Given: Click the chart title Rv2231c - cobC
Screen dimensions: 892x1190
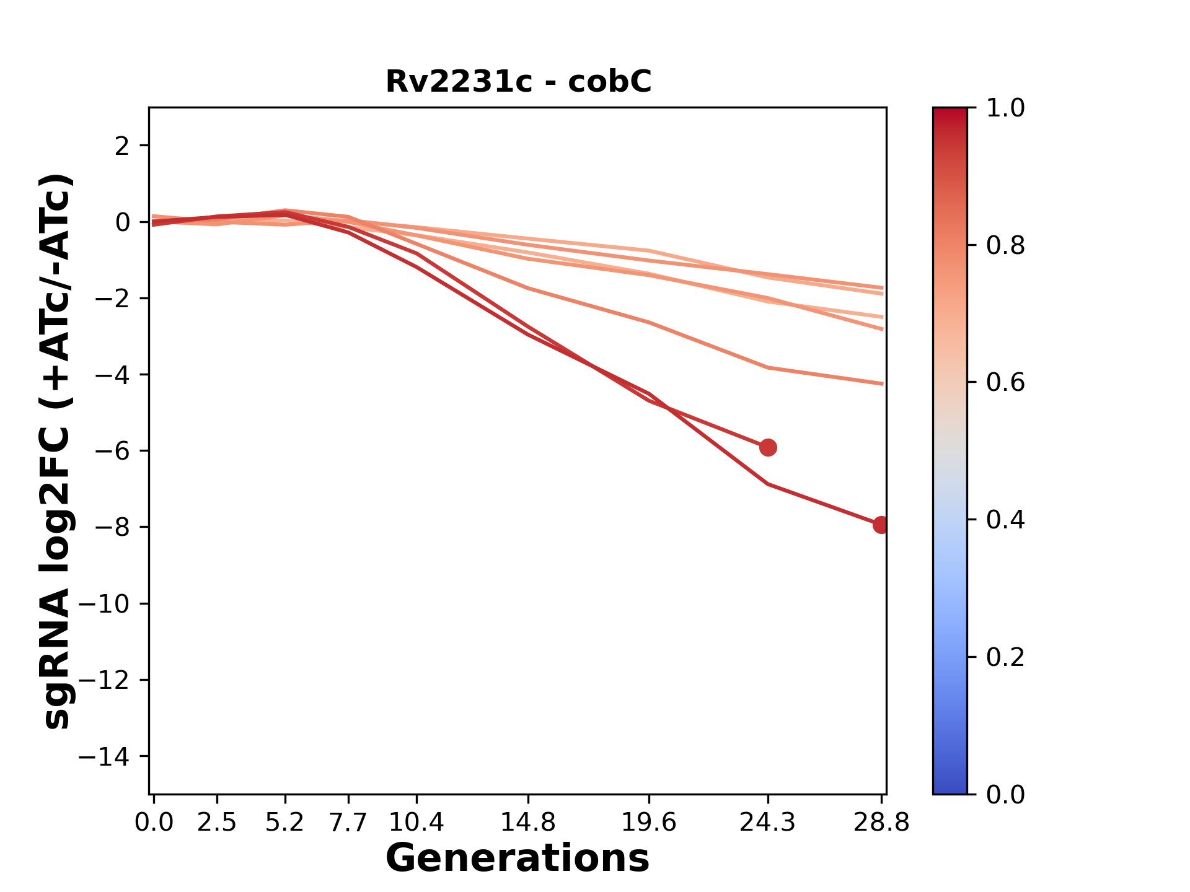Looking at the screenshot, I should pyautogui.click(x=518, y=82).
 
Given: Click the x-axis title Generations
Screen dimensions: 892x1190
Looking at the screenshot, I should pyautogui.click(x=518, y=859).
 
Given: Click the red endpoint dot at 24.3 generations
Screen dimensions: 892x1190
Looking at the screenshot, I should pyautogui.click(x=768, y=447).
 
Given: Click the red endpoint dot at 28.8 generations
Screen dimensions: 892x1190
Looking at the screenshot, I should pyautogui.click(x=881, y=525).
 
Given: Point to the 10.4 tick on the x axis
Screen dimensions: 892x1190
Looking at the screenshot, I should pyautogui.click(x=416, y=822).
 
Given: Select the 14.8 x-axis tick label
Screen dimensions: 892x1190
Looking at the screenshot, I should pyautogui.click(x=527, y=822).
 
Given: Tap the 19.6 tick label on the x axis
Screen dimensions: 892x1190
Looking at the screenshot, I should pyautogui.click(x=649, y=822).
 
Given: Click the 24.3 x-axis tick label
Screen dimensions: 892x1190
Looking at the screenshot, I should pyautogui.click(x=768, y=822).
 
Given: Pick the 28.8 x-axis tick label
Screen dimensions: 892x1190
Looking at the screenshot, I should pyautogui.click(x=881, y=822).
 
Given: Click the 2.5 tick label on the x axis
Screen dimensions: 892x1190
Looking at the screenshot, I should pyautogui.click(x=217, y=822).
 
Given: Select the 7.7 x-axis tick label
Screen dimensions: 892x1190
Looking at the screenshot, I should pyautogui.click(x=348, y=822).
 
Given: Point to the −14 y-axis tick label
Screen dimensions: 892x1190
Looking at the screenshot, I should pyautogui.click(x=104, y=756).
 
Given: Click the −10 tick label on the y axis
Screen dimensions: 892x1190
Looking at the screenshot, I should pyautogui.click(x=104, y=604).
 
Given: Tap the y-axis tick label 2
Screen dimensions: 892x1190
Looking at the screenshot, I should pyautogui.click(x=122, y=146).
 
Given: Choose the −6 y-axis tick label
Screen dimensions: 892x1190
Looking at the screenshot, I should pyautogui.click(x=112, y=451).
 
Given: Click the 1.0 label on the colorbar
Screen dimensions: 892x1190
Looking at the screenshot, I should pyautogui.click(x=1005, y=108).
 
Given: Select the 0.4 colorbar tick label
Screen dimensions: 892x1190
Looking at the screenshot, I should pyautogui.click(x=1005, y=520).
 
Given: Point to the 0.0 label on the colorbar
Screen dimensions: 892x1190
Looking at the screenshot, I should pyautogui.click(x=1005, y=794).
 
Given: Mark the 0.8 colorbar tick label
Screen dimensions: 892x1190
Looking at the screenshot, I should pyautogui.click(x=1005, y=246).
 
